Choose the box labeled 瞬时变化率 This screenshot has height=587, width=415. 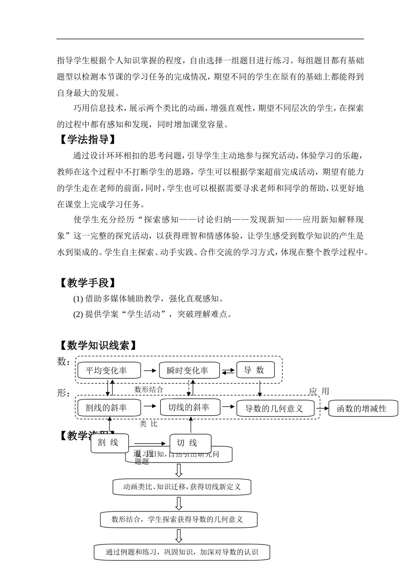[x=188, y=370]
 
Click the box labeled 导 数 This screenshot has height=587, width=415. [x=256, y=370]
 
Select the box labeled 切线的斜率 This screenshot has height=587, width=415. [x=189, y=407]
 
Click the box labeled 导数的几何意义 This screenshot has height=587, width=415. [x=274, y=409]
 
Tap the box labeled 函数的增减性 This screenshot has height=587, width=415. [x=362, y=409]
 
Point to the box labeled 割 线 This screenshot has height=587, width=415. [x=110, y=443]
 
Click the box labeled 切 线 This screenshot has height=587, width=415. [x=190, y=443]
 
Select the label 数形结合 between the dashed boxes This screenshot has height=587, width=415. [x=149, y=389]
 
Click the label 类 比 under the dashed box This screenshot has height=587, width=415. [x=149, y=424]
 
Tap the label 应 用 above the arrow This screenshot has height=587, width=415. [x=319, y=391]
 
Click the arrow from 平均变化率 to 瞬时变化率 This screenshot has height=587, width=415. [x=149, y=370]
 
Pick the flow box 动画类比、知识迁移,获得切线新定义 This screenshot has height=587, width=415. [x=182, y=487]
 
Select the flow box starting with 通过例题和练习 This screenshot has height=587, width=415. [x=182, y=552]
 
